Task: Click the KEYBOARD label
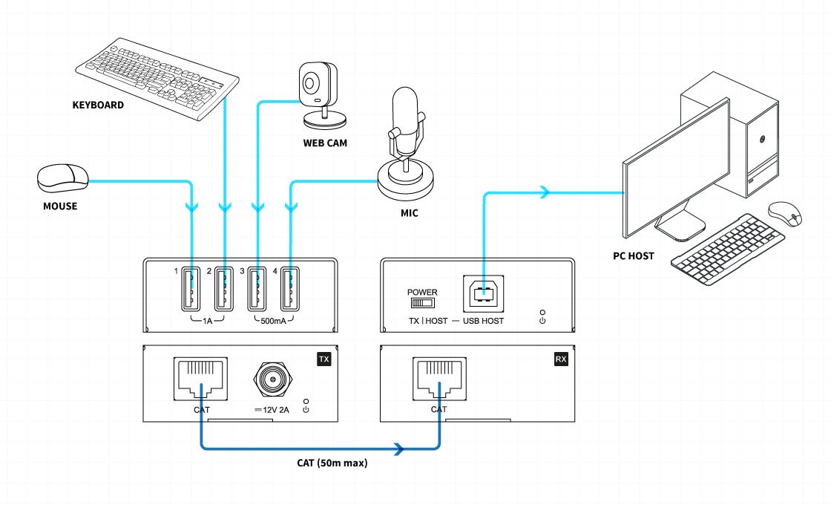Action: point(98,105)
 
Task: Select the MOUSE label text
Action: point(60,206)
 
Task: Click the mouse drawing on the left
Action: point(62,176)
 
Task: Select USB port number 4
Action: point(290,288)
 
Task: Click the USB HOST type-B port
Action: point(483,293)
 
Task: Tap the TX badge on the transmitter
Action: point(323,359)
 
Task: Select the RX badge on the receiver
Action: point(561,359)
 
